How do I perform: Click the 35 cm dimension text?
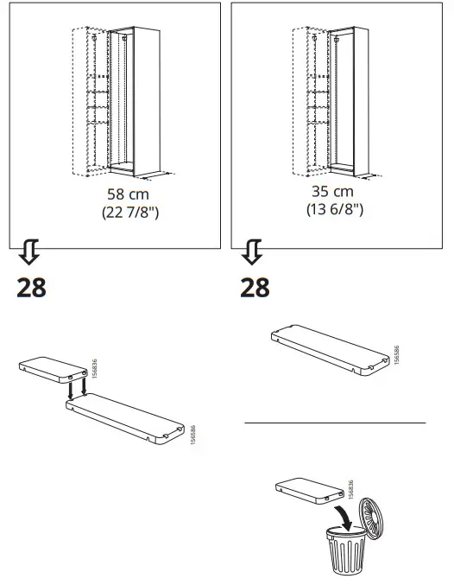[x=332, y=191]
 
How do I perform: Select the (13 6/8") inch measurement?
[x=333, y=210]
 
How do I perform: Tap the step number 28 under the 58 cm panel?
[x=31, y=287]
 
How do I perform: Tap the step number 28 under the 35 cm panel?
[x=255, y=287]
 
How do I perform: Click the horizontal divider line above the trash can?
[x=335, y=423]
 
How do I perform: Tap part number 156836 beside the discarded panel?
[x=350, y=488]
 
